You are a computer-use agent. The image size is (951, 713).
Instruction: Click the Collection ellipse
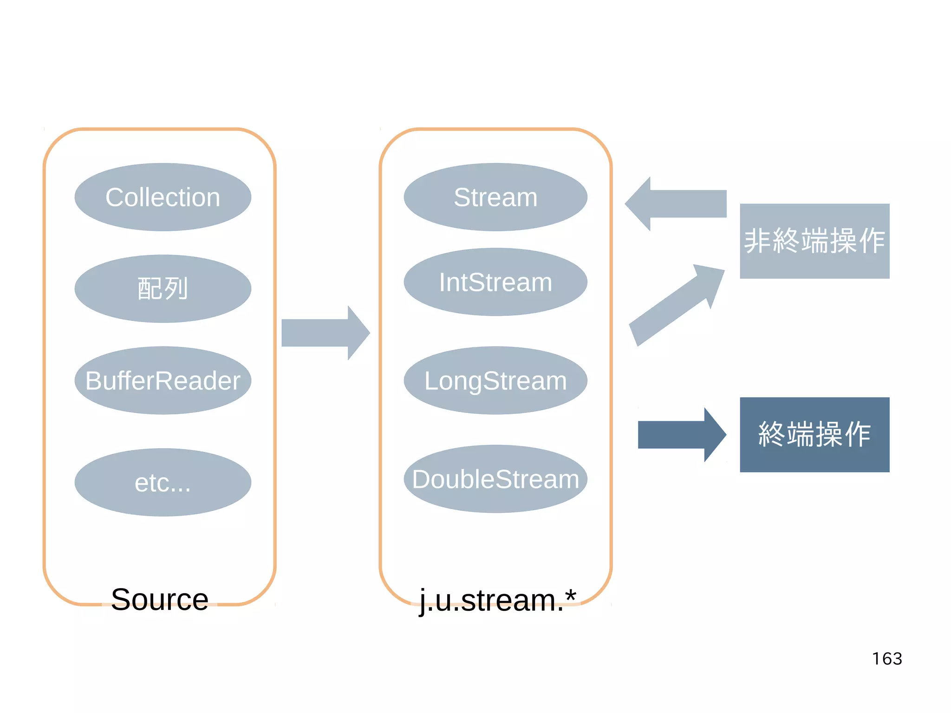click(x=163, y=197)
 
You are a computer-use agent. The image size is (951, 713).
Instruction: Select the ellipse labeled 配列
click(x=163, y=288)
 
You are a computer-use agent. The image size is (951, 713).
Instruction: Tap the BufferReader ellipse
click(x=163, y=380)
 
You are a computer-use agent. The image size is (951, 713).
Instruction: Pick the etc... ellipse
click(x=163, y=482)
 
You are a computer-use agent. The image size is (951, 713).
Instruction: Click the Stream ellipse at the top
click(x=495, y=197)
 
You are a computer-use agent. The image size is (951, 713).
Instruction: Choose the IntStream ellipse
click(x=495, y=282)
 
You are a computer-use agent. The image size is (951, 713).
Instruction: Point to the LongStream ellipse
click(x=495, y=380)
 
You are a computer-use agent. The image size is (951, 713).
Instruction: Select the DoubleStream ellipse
click(x=495, y=479)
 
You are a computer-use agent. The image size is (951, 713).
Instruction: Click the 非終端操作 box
click(x=814, y=241)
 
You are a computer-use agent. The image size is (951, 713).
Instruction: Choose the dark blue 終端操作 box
click(x=814, y=435)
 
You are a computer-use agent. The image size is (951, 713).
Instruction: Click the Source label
click(x=160, y=599)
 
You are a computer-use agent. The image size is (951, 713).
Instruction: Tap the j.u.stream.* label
click(x=497, y=600)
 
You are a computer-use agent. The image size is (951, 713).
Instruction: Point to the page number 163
click(x=886, y=659)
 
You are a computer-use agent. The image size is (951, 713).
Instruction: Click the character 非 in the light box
click(x=757, y=241)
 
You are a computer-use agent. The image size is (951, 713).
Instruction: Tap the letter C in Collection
click(x=114, y=197)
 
